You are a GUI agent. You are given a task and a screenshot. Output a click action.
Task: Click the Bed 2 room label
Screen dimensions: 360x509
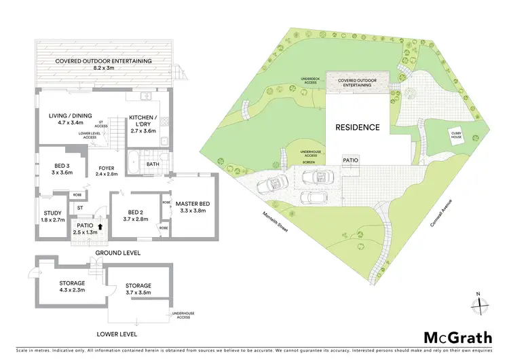[135, 215]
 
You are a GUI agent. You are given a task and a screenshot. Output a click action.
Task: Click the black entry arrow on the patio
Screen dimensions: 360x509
[101, 228]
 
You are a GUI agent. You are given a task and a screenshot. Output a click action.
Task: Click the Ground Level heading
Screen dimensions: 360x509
[119, 253]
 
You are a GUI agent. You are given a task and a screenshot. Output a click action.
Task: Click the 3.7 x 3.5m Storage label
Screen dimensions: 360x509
[138, 289]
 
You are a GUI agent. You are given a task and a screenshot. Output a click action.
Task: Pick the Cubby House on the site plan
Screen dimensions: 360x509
[457, 136]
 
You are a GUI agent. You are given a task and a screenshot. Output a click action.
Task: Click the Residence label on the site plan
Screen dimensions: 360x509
[357, 127]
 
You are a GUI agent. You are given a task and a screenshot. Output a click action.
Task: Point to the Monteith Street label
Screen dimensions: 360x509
[276, 221]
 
